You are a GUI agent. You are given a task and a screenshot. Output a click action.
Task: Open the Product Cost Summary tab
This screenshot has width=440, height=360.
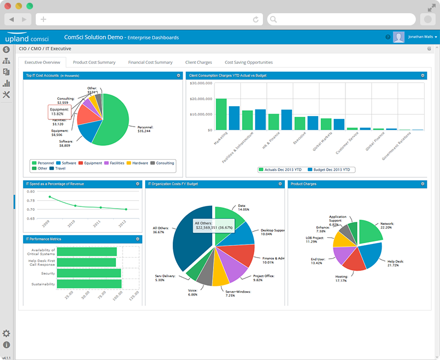tap(94, 63)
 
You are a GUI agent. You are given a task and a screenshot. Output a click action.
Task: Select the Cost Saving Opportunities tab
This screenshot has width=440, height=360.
tap(249, 63)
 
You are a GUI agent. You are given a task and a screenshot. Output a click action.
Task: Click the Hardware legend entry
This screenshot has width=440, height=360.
tap(139, 163)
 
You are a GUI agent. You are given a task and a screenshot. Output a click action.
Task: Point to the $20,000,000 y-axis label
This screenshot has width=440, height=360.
tap(201, 99)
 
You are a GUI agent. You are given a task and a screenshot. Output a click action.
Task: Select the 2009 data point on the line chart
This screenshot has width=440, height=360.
tap(50, 197)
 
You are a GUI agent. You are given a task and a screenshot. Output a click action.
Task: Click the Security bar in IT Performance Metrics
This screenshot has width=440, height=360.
tap(89, 273)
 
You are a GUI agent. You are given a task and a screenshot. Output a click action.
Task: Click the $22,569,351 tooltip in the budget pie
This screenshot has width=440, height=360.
tap(212, 226)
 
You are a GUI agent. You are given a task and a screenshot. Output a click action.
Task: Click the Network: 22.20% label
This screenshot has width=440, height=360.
tap(386, 225)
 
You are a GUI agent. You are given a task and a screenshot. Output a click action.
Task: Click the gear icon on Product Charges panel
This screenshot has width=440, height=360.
tap(422, 184)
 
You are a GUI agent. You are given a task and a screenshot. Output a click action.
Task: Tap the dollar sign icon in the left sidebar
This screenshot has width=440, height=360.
tap(7, 50)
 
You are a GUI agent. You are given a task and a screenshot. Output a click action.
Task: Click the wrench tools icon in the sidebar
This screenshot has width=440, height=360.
tap(7, 95)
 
